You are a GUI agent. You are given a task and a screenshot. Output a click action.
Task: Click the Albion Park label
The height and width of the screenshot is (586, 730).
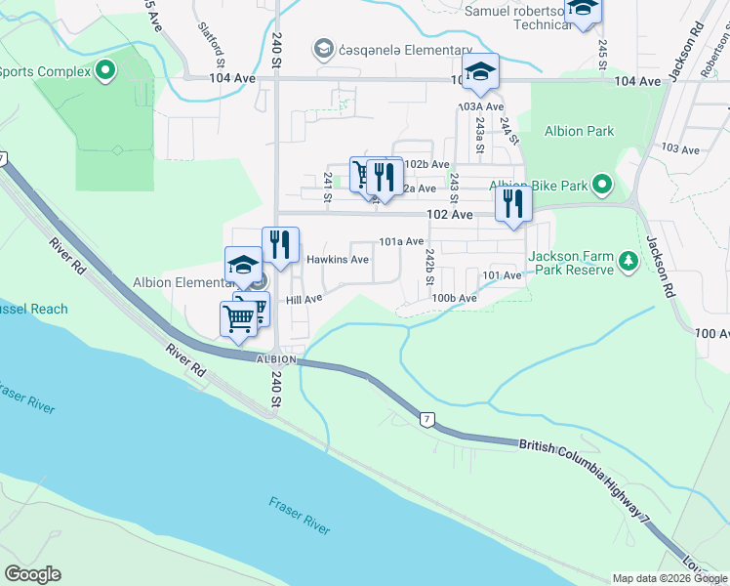[x=580, y=131]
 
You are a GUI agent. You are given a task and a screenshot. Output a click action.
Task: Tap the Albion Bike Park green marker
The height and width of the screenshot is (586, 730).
[x=602, y=185]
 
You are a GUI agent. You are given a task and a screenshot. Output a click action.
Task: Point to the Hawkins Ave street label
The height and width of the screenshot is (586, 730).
[x=337, y=260]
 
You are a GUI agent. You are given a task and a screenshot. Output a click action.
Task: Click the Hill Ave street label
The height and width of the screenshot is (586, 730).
[x=304, y=300]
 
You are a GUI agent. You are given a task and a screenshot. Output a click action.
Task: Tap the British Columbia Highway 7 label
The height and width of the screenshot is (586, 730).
[x=586, y=477]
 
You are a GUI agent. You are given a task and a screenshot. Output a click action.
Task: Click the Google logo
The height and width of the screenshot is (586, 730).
[x=32, y=574]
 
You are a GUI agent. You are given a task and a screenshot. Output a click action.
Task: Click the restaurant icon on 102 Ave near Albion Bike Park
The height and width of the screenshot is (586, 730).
[x=512, y=205]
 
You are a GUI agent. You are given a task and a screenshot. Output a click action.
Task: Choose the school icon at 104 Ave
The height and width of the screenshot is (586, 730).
[x=480, y=72]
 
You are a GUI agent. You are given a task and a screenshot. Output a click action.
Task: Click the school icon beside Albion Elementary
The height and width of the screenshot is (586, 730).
[x=243, y=266]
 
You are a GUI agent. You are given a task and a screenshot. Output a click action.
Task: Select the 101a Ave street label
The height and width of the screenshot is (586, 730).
[x=401, y=241]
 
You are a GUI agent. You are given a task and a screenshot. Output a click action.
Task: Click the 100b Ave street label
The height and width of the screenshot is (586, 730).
[x=454, y=298]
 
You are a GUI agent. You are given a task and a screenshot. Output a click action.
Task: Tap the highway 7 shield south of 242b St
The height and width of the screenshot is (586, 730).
[x=426, y=420]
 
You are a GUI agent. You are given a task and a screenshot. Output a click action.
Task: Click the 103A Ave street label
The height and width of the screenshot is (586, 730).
[x=481, y=106]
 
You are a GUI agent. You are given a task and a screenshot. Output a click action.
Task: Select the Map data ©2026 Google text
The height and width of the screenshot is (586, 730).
[x=669, y=578]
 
